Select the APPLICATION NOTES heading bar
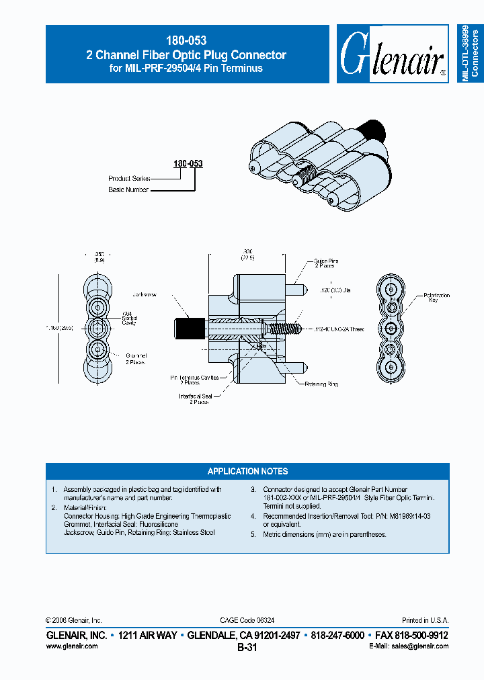pyautogui.click(x=247, y=471)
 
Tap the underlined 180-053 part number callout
pyautogui.click(x=189, y=163)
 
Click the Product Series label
pyautogui.click(x=129, y=179)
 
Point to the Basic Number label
pyautogui.click(x=128, y=190)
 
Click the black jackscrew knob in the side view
pyautogui.click(x=185, y=329)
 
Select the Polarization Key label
pyautogui.click(x=436, y=298)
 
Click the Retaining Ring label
pyautogui.click(x=321, y=384)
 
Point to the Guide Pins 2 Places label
pyautogui.click(x=326, y=263)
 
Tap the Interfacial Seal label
pyautogui.click(x=196, y=399)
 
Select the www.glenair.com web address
pyautogui.click(x=72, y=646)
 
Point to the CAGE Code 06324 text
pyautogui.click(x=247, y=620)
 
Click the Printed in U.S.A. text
pyautogui.click(x=425, y=620)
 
